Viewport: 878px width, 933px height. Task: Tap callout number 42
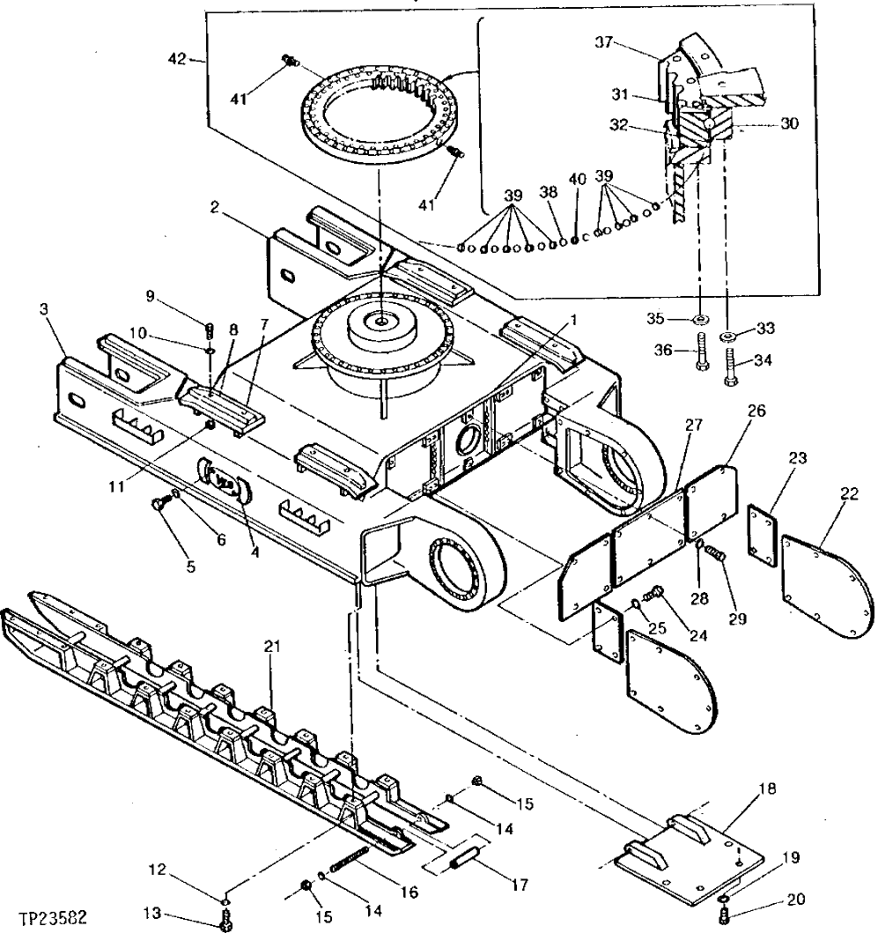(177, 59)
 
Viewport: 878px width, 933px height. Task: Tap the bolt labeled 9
(210, 330)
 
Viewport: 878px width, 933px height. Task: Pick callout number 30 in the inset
(788, 124)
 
